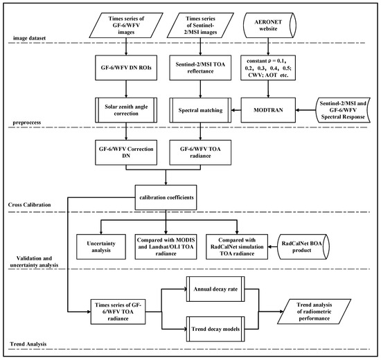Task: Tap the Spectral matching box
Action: [200, 109]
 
